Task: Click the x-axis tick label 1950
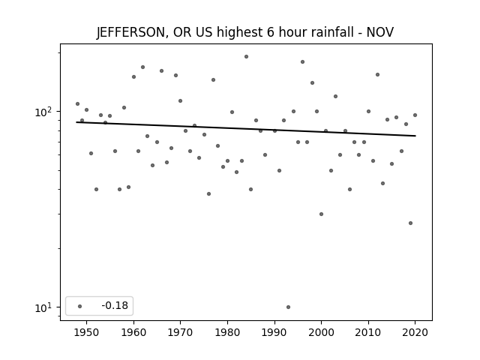87,333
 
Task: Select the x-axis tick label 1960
133,333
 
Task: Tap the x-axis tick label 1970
181,333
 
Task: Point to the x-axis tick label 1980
227,333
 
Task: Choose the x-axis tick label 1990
274,333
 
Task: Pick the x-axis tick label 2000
322,333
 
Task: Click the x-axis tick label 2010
368,333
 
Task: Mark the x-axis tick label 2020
415,333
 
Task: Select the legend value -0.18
115,305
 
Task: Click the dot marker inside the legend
80,306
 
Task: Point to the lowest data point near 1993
288,307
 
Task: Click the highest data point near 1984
247,57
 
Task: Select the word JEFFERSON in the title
132,32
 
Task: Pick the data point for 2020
415,115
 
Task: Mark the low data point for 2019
410,223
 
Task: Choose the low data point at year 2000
321,214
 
